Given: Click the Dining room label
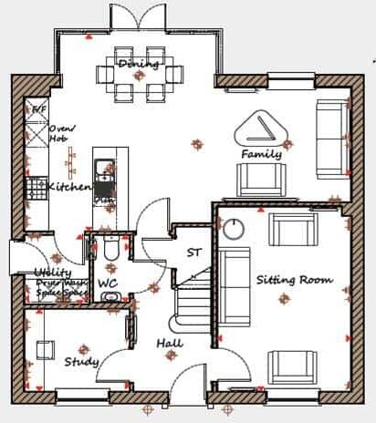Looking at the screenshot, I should point(139,64).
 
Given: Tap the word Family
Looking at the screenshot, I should point(261,155).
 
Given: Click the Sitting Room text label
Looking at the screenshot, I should point(294,279).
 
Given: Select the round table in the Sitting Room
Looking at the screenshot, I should point(233,228).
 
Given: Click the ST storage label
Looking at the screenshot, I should point(193,253).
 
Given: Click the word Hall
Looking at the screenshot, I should point(169,344).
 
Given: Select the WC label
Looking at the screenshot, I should point(108,284).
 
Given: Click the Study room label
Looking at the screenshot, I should point(81,362).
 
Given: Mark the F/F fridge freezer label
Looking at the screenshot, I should point(38,110).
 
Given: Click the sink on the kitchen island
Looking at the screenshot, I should point(105,170).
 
